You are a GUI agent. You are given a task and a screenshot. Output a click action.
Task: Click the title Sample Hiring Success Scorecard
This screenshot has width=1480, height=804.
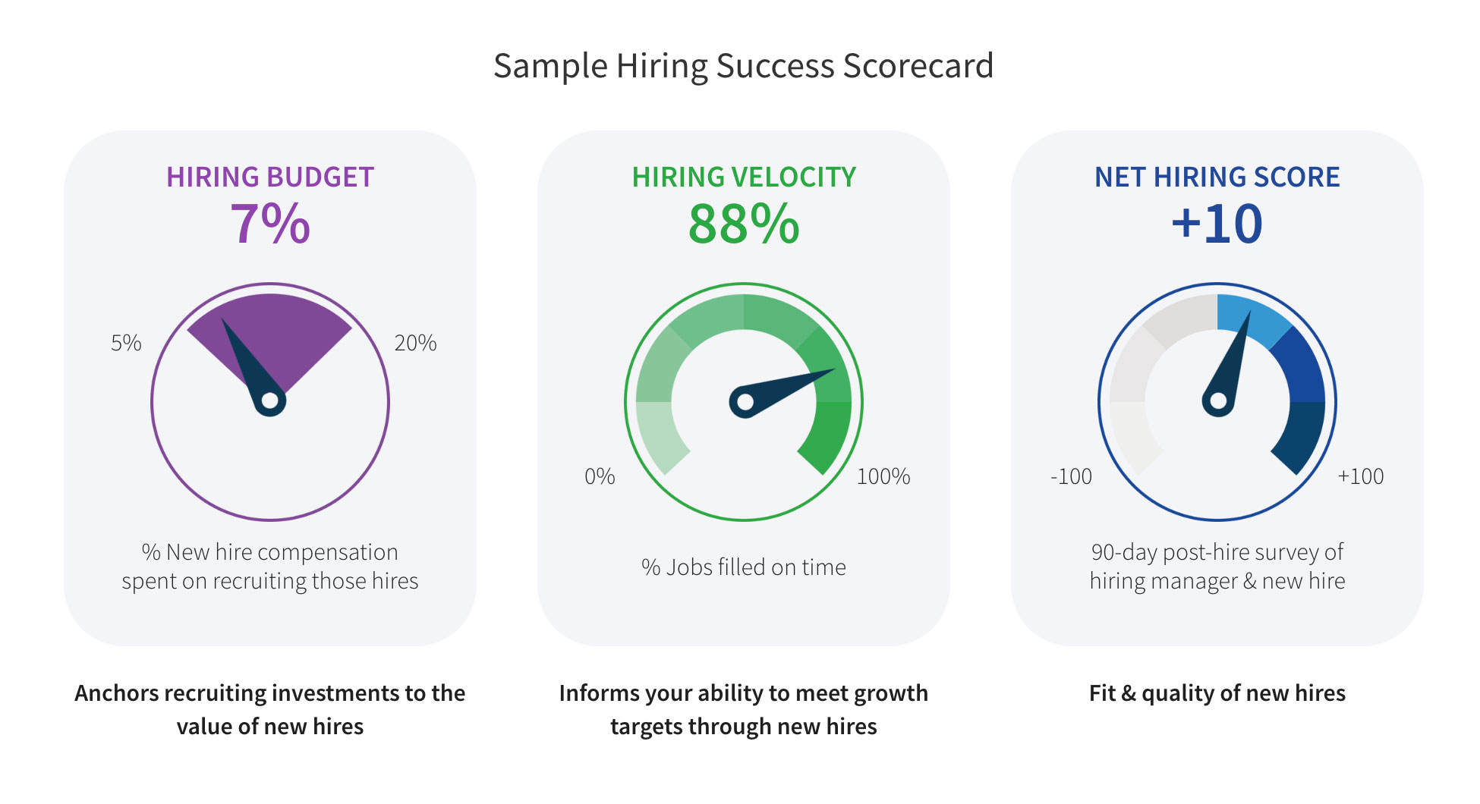tap(743, 66)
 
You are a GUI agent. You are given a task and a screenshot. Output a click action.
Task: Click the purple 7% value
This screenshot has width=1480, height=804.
tap(270, 225)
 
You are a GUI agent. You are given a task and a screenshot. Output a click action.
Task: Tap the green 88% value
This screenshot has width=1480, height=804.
tap(744, 225)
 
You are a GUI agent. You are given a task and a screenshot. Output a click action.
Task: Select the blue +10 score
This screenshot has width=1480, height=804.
tap(1217, 225)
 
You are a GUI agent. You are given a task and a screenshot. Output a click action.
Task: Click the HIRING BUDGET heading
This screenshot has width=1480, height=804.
tap(270, 177)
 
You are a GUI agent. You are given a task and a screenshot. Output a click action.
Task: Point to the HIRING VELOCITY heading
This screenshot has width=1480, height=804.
tap(744, 177)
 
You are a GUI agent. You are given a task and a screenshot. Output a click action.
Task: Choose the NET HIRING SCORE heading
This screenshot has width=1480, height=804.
tap(1217, 177)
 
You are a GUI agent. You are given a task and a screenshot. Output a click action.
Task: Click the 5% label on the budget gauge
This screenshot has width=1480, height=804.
tap(126, 343)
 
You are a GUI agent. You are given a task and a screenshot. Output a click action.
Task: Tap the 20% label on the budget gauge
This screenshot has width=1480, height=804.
tap(415, 343)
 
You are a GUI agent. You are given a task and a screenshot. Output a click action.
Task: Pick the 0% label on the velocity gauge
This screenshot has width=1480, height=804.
tap(600, 476)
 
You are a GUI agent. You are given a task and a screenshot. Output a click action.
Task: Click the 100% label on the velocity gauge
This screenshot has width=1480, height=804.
tap(883, 476)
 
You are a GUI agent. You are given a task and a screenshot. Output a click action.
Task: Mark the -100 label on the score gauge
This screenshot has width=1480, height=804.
tap(1071, 476)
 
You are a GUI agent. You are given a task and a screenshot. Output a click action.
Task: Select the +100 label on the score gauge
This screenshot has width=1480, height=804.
tap(1361, 476)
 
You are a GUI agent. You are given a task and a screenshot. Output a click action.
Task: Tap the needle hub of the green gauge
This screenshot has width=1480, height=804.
tap(745, 402)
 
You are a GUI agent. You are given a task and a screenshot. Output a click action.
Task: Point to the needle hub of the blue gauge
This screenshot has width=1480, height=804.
tap(1218, 401)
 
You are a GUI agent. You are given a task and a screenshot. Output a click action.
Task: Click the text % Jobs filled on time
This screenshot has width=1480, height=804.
tap(744, 567)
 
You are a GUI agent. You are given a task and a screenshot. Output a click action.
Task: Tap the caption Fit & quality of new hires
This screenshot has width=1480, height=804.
tap(1217, 693)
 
